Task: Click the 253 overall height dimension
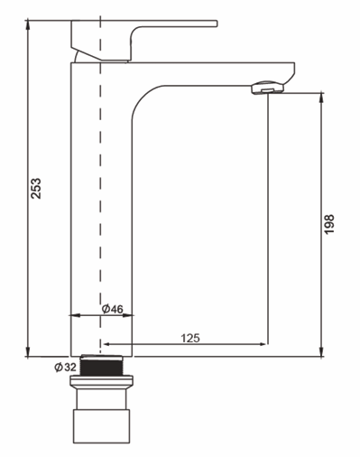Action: point(37,188)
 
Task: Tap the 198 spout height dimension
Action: point(329,224)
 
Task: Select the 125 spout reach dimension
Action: point(190,338)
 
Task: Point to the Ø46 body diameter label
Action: point(113,309)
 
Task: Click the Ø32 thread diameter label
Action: point(65,367)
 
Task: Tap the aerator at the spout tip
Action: point(267,88)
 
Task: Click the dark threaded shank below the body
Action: point(102,366)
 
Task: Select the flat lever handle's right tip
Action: point(217,23)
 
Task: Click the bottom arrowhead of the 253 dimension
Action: point(28,351)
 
